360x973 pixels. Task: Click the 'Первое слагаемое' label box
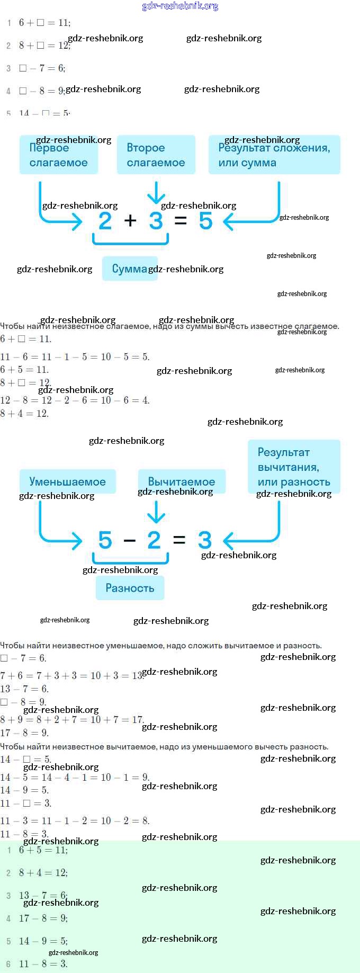click(x=59, y=155)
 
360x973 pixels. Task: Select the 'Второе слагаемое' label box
click(x=156, y=155)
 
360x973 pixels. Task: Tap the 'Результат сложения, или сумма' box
click(x=274, y=155)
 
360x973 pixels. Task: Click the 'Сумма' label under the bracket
click(x=129, y=269)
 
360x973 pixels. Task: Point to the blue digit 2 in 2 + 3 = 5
click(x=105, y=221)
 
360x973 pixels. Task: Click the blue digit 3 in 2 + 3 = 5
click(x=156, y=221)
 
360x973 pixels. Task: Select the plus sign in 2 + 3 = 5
click(x=130, y=220)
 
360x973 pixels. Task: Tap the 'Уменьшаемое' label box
click(x=67, y=481)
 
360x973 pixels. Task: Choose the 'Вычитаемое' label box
click(x=181, y=481)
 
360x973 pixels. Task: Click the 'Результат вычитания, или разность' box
click(x=294, y=467)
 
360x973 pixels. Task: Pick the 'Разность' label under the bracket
click(x=130, y=588)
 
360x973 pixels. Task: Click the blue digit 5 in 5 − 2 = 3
click(x=105, y=540)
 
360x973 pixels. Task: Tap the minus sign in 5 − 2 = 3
click(x=129, y=541)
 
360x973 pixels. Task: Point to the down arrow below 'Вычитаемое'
click(x=156, y=512)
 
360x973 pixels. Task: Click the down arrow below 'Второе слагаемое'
click(x=156, y=192)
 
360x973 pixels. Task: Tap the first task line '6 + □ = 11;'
click(x=44, y=23)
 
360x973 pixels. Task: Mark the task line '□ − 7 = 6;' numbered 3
click(x=42, y=68)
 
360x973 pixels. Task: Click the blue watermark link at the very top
click(x=180, y=6)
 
